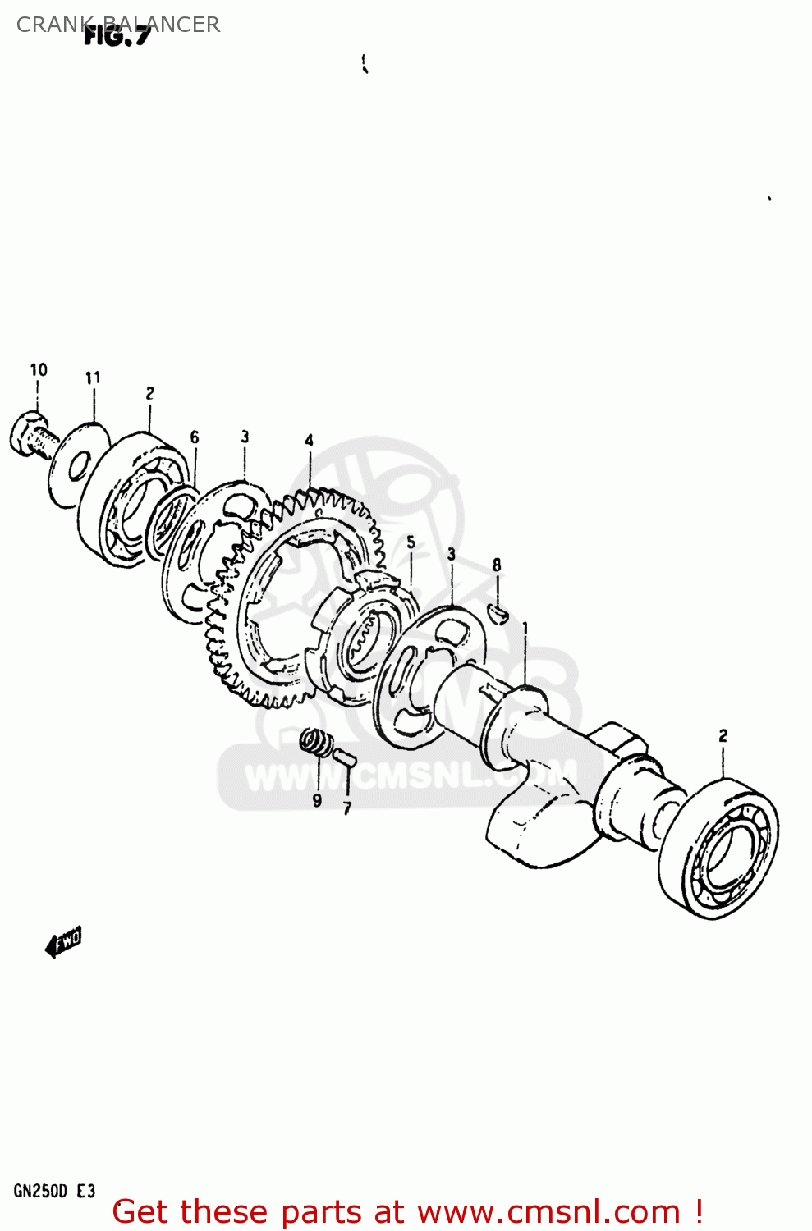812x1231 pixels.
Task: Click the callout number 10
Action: [39, 370]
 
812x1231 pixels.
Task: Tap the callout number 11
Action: [93, 378]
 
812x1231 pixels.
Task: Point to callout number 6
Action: [195, 437]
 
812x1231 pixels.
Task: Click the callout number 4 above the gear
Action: [309, 441]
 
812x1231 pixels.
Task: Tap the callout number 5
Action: [411, 542]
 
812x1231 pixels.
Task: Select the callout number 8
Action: [496, 565]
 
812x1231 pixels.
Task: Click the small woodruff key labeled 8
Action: [498, 610]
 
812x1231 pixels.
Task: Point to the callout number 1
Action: [525, 629]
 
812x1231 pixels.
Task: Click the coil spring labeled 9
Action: [314, 743]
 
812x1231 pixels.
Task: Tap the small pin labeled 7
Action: [344, 755]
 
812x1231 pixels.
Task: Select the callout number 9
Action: [317, 800]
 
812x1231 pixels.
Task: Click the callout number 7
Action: [346, 809]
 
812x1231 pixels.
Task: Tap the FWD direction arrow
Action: [64, 941]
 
